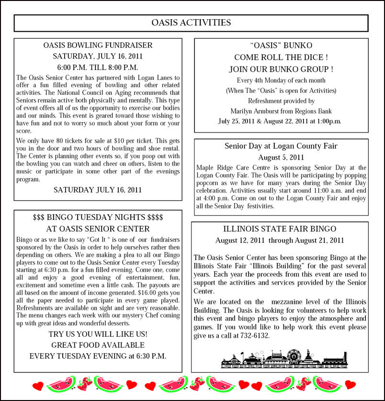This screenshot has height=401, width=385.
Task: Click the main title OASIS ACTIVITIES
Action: pos(191,23)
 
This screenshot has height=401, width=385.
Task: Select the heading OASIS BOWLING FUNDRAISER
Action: pos(98,46)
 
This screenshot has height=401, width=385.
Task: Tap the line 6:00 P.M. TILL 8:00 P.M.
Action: pos(98,67)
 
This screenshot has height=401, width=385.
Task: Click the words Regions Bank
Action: pos(314,111)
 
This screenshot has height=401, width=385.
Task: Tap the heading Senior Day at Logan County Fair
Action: pos(281,146)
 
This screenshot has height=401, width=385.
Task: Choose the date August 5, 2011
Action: pos(281,157)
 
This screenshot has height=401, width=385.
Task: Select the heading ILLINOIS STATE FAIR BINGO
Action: pos(280,229)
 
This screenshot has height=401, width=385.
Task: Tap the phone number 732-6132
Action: pos(254,335)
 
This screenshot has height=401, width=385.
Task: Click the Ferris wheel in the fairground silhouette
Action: pos(294,355)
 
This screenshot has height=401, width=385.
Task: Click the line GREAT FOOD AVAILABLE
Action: pos(98,345)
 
